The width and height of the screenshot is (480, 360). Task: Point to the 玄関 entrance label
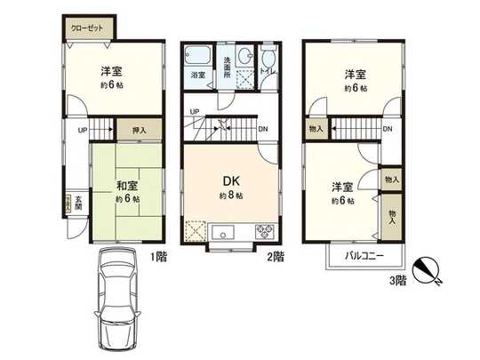point(78,204)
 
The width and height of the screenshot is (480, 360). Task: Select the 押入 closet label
point(139,130)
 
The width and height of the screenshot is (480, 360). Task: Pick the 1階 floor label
point(158,257)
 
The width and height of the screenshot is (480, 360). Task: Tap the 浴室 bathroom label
point(199,76)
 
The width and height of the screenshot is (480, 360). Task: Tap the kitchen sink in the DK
point(223,234)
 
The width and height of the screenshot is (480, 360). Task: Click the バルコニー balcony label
point(365,255)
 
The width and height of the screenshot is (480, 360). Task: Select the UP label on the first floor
point(82,130)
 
